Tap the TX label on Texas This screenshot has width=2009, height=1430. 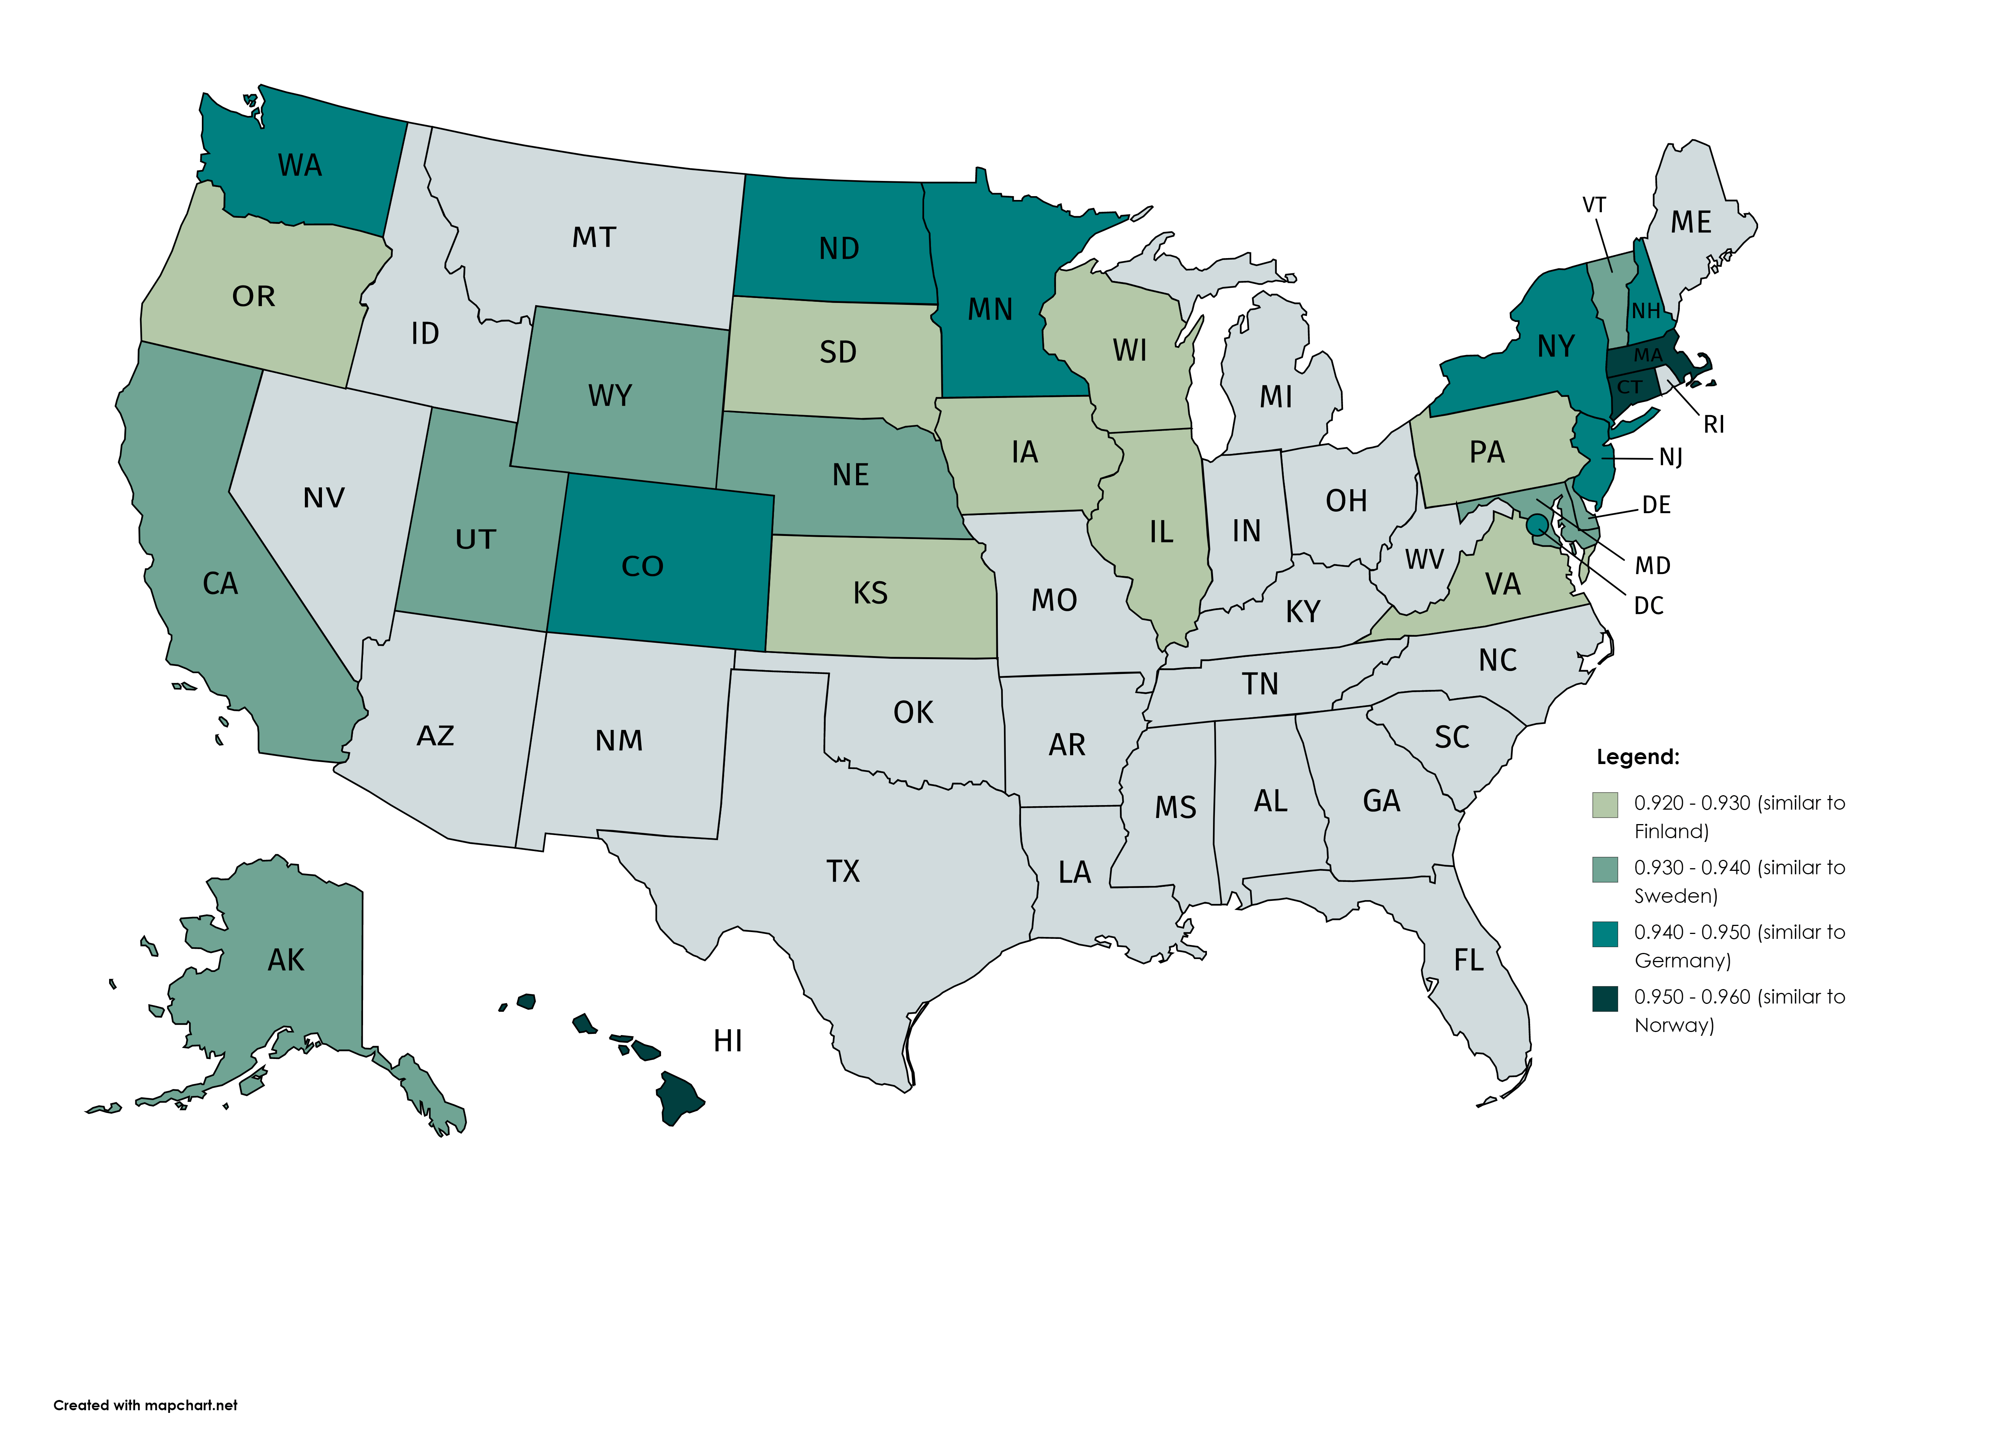842,871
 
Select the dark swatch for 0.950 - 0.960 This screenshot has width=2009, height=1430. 1605,999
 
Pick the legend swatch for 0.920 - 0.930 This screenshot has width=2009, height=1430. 1605,805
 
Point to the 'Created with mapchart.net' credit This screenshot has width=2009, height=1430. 145,1405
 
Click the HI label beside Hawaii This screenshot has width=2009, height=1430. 728,1041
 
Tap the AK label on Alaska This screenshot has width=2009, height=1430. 286,960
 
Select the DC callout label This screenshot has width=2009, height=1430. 1648,606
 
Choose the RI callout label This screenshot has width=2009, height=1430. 1713,425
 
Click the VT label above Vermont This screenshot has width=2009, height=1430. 1594,205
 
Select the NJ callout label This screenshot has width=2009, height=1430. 1670,457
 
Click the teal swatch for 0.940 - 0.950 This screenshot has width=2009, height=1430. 1605,934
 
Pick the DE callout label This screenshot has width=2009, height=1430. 1656,504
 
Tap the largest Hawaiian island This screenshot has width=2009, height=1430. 680,1096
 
